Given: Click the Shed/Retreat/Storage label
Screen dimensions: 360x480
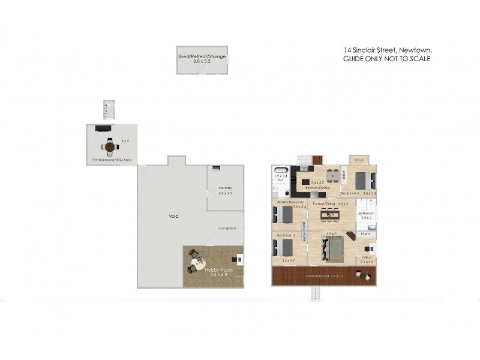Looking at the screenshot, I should click(202, 56).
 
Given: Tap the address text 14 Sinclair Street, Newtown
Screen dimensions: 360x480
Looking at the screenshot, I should click(387, 50).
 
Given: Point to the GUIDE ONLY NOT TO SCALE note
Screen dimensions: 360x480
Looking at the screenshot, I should click(387, 59).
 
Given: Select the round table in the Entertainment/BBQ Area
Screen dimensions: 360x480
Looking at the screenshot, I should click(109, 146).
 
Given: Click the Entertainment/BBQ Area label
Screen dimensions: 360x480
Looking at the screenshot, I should click(112, 160).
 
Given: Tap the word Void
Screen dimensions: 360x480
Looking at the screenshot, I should click(173, 216).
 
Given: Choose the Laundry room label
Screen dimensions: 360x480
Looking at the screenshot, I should click(225, 188).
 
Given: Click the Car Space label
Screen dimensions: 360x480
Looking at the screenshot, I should click(226, 229).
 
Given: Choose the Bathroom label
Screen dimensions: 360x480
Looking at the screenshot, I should click(367, 214).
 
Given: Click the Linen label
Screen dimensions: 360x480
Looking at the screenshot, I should click(365, 234).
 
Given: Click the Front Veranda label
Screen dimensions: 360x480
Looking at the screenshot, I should click(325, 276).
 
